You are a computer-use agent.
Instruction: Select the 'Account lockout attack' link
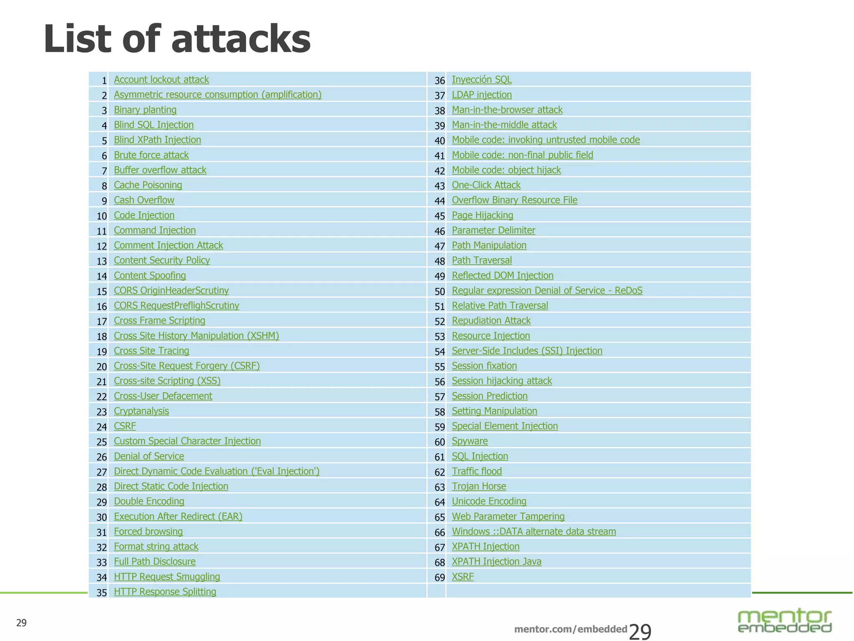[161, 80]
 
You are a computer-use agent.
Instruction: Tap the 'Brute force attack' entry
[151, 155]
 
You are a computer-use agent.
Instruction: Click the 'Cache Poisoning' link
[148, 185]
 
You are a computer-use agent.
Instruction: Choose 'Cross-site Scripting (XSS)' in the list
[167, 381]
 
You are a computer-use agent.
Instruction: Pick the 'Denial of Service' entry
[149, 457]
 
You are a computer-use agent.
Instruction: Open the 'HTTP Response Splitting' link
[165, 592]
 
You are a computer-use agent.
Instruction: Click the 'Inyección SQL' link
[481, 80]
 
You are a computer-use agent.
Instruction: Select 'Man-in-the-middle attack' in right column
[504, 125]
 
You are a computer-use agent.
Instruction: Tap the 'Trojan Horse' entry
[479, 487]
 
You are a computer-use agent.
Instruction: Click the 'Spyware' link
[470, 442]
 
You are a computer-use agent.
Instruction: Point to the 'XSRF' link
[462, 577]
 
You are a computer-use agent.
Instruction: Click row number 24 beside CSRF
[102, 427]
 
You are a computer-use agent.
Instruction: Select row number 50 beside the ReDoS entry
[440, 292]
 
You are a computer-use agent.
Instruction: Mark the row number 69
[440, 578]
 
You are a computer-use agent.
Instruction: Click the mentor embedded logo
[784, 621]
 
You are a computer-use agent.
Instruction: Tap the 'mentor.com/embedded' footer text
[570, 629]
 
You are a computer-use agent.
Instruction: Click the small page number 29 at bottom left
[21, 623]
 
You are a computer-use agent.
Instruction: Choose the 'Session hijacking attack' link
[502, 381]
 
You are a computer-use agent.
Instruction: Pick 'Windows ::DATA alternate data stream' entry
[533, 532]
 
